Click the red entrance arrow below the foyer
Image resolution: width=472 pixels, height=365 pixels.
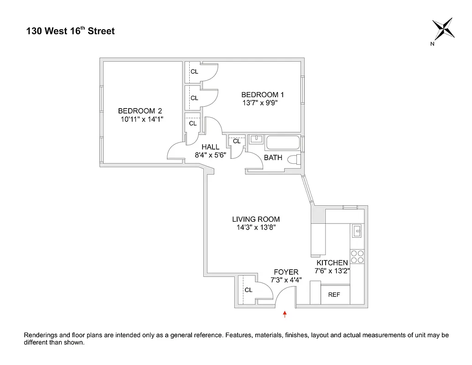[285, 314]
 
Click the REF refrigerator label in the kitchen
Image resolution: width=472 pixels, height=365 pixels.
[334, 295]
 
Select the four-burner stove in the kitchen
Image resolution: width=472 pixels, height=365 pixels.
[357, 257]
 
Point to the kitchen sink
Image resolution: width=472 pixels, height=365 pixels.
[357, 231]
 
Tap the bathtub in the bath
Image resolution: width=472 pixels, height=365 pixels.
[283, 143]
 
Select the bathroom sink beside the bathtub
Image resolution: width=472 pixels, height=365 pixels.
[255, 139]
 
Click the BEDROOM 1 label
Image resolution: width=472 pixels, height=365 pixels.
[262, 95]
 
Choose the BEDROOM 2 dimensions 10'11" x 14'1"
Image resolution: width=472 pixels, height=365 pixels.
[142, 119]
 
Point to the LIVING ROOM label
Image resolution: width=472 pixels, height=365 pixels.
[256, 219]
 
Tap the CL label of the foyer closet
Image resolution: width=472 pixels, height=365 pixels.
[249, 290]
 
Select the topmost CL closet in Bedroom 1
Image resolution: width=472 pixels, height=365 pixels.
[194, 72]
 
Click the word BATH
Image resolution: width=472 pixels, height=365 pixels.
[273, 158]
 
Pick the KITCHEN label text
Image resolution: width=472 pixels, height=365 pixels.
[332, 263]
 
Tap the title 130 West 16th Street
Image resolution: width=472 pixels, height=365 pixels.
[70, 31]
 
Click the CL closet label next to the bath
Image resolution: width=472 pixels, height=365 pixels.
[236, 141]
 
